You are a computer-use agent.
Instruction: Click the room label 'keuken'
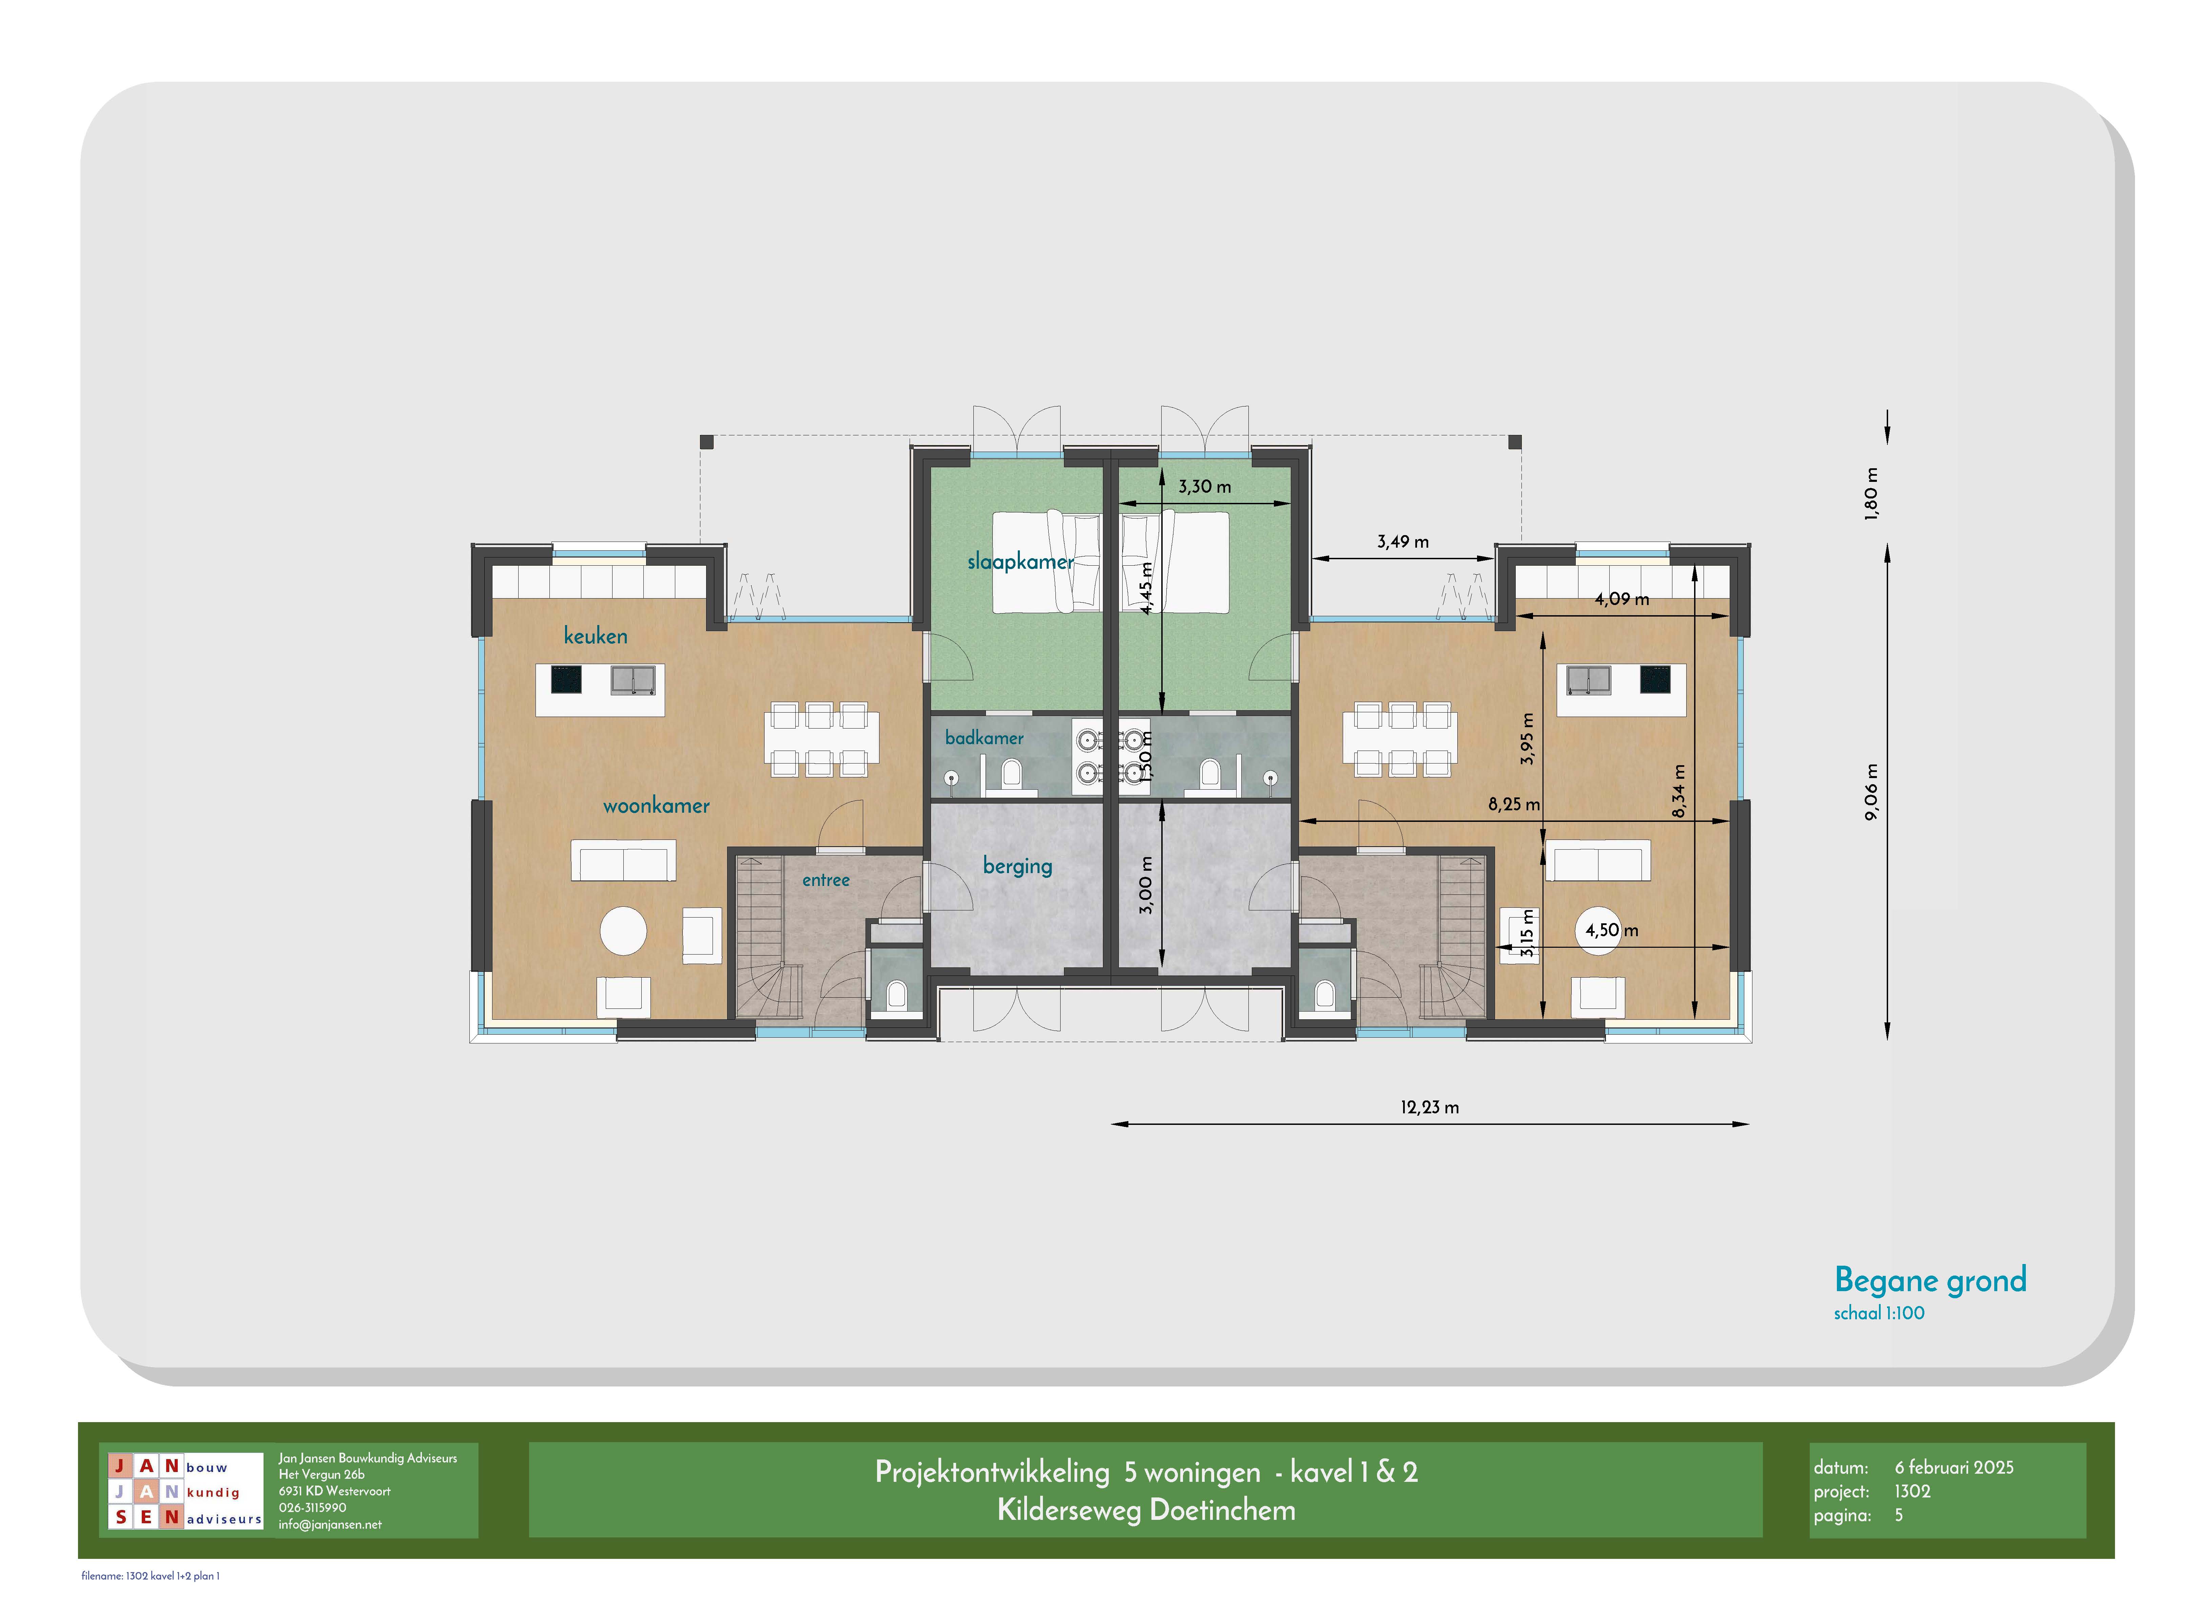595,636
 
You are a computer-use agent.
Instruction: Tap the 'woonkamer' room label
656,806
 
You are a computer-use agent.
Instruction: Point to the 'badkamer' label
984,738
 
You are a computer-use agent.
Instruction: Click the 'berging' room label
1017,866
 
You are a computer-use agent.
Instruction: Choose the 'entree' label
826,880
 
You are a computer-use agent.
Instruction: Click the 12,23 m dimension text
1429,1107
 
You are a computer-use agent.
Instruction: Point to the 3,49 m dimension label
1402,541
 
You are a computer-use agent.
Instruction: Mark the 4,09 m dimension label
1622,598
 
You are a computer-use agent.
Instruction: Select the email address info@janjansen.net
330,1525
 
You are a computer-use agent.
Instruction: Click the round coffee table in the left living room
624,930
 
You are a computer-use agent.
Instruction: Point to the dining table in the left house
821,739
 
